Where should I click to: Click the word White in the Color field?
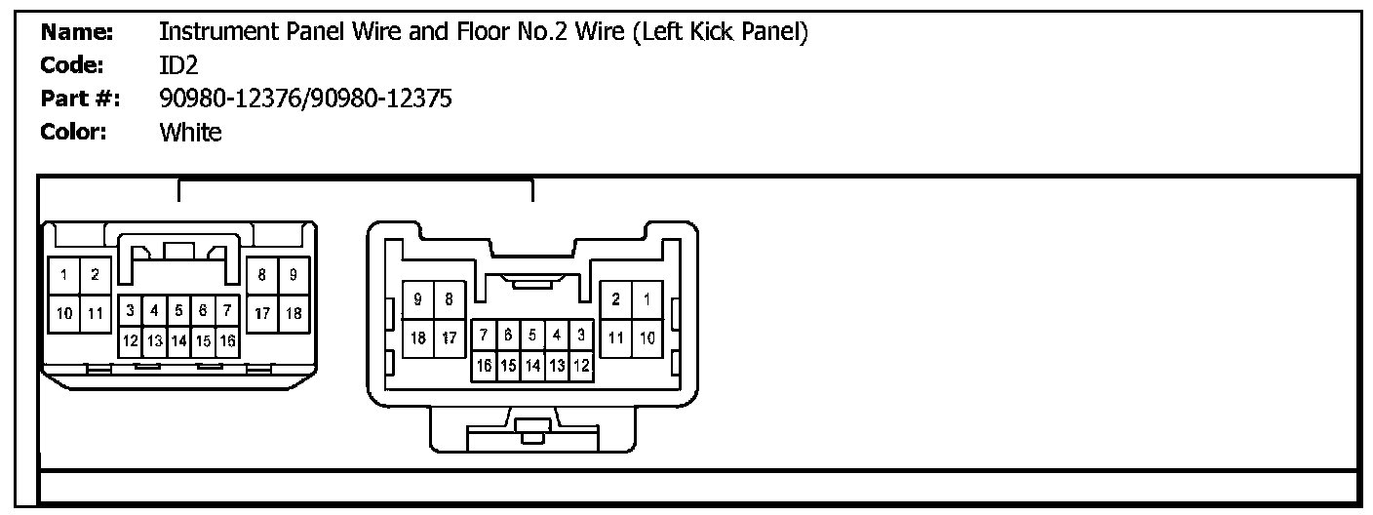[190, 133]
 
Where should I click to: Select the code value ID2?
[178, 65]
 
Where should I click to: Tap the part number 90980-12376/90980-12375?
[305, 99]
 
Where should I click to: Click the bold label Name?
[78, 32]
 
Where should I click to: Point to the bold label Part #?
[81, 99]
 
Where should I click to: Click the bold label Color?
[73, 133]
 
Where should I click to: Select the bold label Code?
[73, 65]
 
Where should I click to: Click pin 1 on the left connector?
[63, 276]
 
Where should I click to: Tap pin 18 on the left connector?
[294, 313]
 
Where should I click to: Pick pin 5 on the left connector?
[178, 311]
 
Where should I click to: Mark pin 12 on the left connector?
[130, 341]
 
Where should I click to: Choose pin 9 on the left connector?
[294, 276]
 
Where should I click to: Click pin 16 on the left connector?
[227, 341]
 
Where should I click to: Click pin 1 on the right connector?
[647, 299]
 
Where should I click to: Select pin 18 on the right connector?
[418, 337]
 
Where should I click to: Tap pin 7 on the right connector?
[484, 336]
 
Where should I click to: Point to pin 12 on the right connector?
[580, 366]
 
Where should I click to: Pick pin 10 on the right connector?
[647, 337]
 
